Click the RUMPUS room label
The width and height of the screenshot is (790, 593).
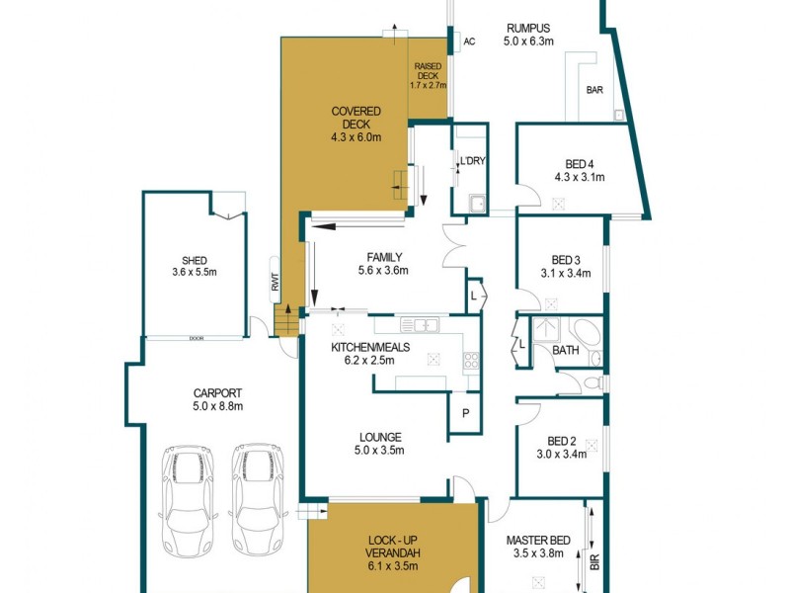tap(528, 29)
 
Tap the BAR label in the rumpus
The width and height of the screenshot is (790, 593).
tap(594, 90)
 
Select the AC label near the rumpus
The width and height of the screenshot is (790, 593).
tap(469, 42)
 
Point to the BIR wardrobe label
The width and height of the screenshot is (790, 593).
tap(594, 561)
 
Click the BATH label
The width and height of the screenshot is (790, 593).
tap(566, 350)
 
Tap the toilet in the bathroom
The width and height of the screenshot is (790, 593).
tap(592, 382)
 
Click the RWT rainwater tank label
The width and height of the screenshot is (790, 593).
tap(276, 283)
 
